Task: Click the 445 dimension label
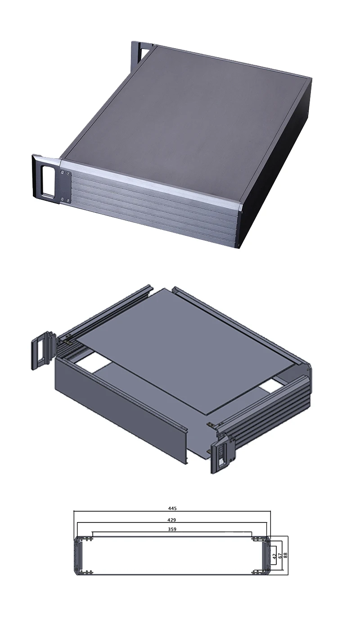[x=172, y=508]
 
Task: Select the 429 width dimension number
[x=172, y=520]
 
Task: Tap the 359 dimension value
[x=172, y=529]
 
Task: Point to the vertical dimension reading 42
[x=274, y=556]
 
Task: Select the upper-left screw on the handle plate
[x=62, y=172]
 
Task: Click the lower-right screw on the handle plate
[x=68, y=200]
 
